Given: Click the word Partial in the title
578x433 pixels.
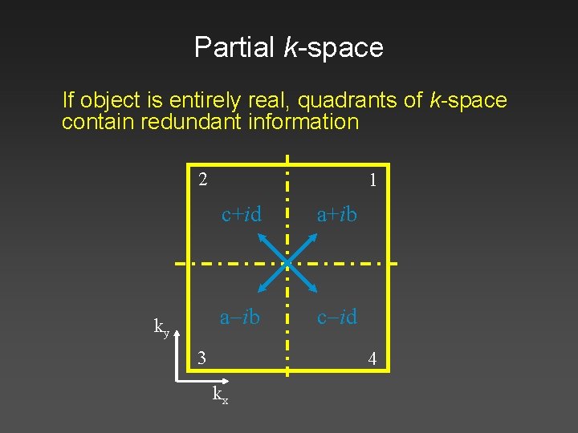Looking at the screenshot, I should [x=235, y=47].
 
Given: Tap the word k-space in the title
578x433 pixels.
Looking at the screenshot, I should [x=333, y=47].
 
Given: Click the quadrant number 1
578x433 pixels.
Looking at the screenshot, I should [x=372, y=181].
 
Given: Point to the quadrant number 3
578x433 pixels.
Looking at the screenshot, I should [x=203, y=357].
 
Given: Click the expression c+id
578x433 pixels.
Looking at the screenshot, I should [x=242, y=214].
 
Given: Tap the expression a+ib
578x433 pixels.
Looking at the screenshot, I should [x=336, y=214].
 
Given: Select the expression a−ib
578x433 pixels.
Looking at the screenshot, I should [x=240, y=317].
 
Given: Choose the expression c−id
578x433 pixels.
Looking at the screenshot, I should [x=337, y=317].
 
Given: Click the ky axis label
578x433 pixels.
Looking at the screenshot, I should [x=161, y=326].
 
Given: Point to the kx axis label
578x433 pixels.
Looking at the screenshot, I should [x=219, y=395].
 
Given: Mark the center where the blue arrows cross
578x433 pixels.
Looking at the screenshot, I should [x=287, y=262].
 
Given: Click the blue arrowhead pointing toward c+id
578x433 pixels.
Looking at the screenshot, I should [x=261, y=237].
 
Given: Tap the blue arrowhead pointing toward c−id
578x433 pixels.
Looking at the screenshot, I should [x=312, y=289].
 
